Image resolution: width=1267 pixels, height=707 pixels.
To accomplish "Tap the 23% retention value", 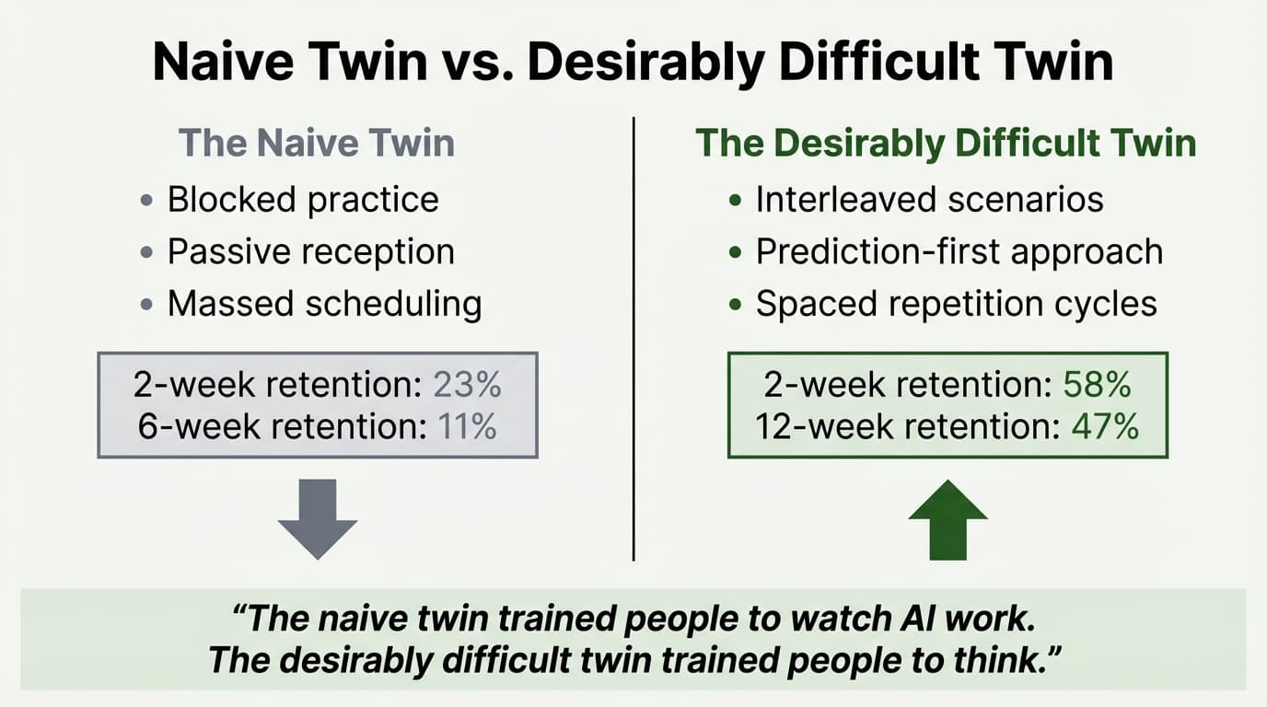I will [x=469, y=385].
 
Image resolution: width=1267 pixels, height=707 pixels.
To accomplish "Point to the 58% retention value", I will [x=1097, y=385].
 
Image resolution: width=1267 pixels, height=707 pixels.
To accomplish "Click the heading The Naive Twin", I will [x=317, y=144].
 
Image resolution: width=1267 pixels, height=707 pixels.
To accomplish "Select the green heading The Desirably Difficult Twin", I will [x=946, y=144].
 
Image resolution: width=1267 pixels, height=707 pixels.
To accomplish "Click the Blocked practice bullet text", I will [x=303, y=200].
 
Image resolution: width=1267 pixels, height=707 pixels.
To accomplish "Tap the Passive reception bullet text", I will [x=310, y=252].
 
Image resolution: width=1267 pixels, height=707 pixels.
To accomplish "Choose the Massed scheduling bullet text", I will [x=324, y=304].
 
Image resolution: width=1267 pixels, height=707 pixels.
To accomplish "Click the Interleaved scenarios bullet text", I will [x=929, y=200].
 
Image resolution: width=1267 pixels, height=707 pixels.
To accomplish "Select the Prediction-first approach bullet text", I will [x=959, y=252].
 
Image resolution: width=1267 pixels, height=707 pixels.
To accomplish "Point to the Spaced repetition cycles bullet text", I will [x=956, y=304].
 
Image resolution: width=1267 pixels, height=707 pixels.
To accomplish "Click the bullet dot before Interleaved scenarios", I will [x=734, y=201].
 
